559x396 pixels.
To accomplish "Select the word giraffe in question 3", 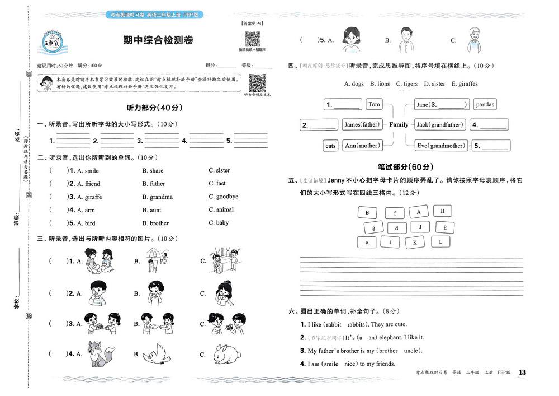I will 92,197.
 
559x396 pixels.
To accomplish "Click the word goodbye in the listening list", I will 227,197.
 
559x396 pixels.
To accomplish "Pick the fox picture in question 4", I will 101,353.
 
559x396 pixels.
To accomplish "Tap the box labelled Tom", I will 374,104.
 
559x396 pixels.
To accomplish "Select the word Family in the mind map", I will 399,125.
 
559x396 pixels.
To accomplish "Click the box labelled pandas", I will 485,104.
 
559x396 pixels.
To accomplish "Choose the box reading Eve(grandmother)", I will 440,146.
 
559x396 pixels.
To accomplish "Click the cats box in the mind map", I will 331,146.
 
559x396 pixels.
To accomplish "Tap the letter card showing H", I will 443,211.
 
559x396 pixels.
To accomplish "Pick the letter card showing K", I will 415,243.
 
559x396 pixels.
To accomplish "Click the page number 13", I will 523,372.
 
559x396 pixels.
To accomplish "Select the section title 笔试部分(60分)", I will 405,167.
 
